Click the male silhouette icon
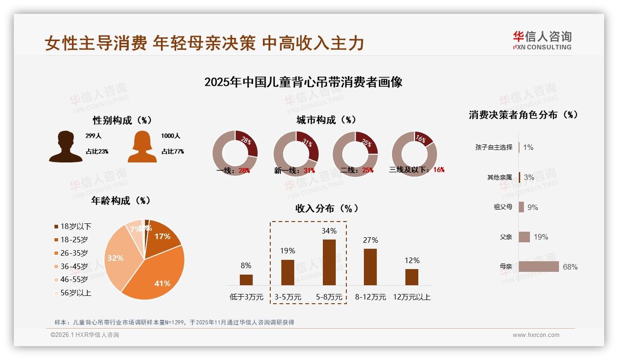click(x=65, y=146)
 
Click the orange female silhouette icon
click(x=142, y=146)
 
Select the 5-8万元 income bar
click(x=329, y=262)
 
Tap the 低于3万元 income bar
click(x=246, y=280)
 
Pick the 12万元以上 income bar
click(x=412, y=277)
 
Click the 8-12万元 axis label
click(x=370, y=297)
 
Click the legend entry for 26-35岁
click(x=74, y=253)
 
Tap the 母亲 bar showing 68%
click(x=539, y=267)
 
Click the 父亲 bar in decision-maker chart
click(x=524, y=237)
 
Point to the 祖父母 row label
click(x=503, y=207)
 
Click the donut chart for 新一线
click(x=296, y=153)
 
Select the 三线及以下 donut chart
click(x=414, y=153)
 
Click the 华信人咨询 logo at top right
click(x=542, y=40)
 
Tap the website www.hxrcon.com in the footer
click(x=536, y=335)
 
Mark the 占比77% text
click(x=172, y=151)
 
